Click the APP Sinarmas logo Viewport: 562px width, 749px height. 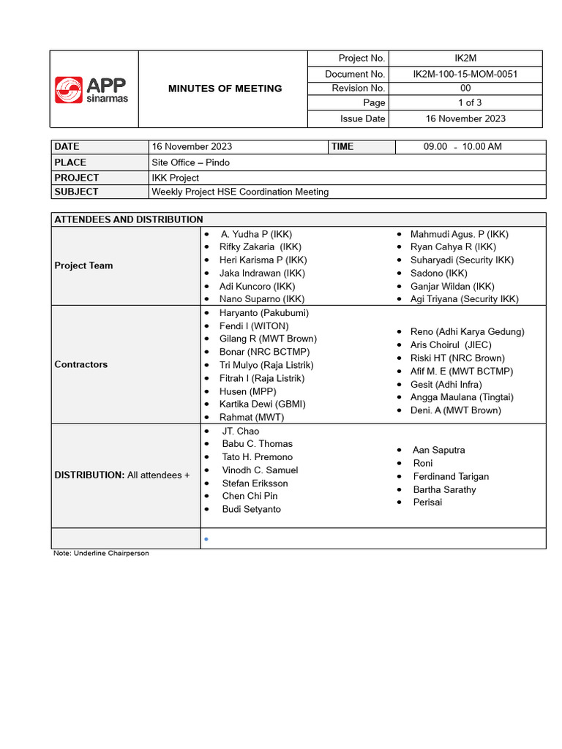(x=91, y=89)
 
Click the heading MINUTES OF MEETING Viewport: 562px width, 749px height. (x=225, y=89)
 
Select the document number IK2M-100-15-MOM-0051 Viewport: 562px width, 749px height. (x=465, y=74)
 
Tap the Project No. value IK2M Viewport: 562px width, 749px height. (x=465, y=59)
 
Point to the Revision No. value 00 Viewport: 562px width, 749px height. (x=465, y=89)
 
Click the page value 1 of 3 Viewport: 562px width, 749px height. (x=465, y=103)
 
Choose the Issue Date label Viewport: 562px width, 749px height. (x=362, y=118)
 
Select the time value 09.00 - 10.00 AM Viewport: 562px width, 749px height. (x=462, y=147)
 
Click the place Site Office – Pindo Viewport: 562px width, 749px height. (x=190, y=162)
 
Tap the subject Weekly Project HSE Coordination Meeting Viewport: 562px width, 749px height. (x=240, y=192)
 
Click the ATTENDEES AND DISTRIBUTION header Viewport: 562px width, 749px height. (x=129, y=219)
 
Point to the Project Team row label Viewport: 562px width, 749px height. (x=83, y=266)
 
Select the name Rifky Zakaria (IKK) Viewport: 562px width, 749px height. (x=261, y=247)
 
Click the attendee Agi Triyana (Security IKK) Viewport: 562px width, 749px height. (x=464, y=299)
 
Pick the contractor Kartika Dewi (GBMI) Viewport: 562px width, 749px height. (x=263, y=404)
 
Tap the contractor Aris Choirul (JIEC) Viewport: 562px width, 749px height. (x=451, y=345)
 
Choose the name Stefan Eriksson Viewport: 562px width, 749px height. (x=255, y=483)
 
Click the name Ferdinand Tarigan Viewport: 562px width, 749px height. (x=451, y=477)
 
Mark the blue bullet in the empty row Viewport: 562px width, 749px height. (x=206, y=540)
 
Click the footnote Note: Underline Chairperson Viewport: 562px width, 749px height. (x=101, y=554)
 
